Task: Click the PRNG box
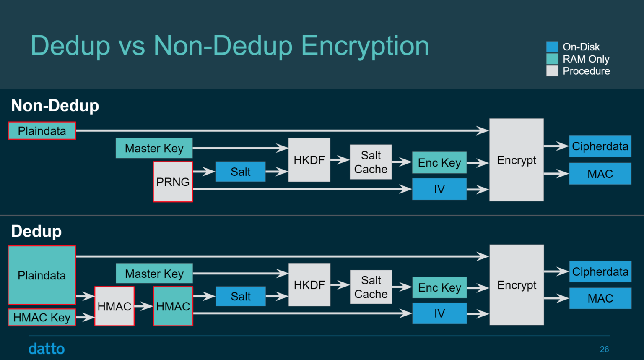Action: click(x=173, y=182)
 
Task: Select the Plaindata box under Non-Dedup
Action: click(x=42, y=131)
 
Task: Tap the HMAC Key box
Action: click(x=42, y=318)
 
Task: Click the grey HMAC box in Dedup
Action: click(x=114, y=306)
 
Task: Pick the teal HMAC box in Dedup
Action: click(x=173, y=306)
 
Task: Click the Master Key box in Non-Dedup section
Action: click(x=154, y=148)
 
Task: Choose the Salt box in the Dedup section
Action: click(x=240, y=296)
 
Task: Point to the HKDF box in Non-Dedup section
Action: click(x=309, y=160)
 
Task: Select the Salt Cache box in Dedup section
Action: click(x=371, y=287)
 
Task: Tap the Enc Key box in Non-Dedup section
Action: click(x=439, y=163)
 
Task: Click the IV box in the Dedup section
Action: click(x=439, y=313)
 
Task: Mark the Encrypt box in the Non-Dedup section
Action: click(x=516, y=160)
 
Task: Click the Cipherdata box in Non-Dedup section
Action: click(x=600, y=146)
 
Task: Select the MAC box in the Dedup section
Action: click(x=600, y=298)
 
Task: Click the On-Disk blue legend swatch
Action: click(x=552, y=47)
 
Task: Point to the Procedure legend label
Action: click(x=586, y=71)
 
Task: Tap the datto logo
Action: click(x=47, y=349)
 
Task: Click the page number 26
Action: click(x=604, y=349)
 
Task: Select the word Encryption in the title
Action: click(x=365, y=46)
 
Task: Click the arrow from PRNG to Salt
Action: click(x=204, y=171)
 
